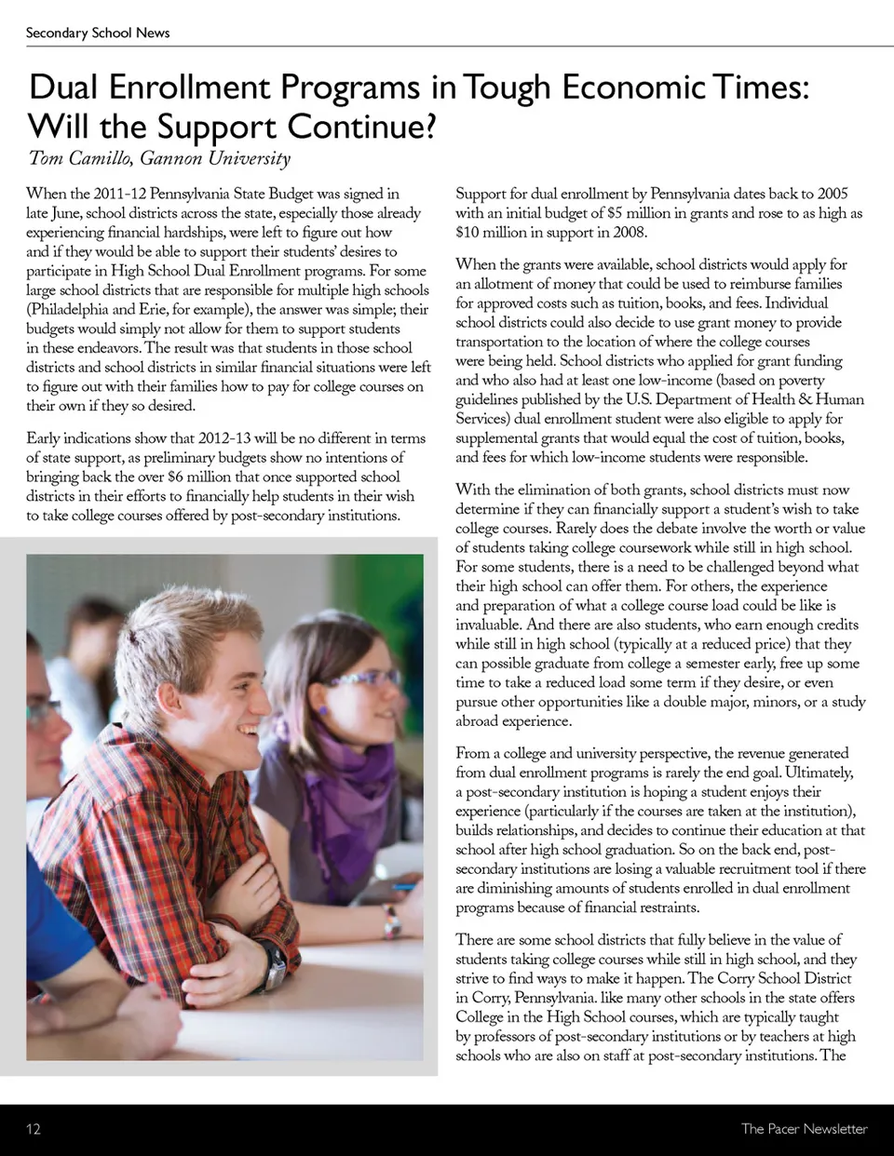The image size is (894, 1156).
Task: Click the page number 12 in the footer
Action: point(34,1129)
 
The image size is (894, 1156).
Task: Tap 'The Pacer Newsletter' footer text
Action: point(804,1129)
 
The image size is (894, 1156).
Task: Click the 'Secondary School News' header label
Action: point(98,33)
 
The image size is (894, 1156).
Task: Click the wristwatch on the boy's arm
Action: point(272,965)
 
